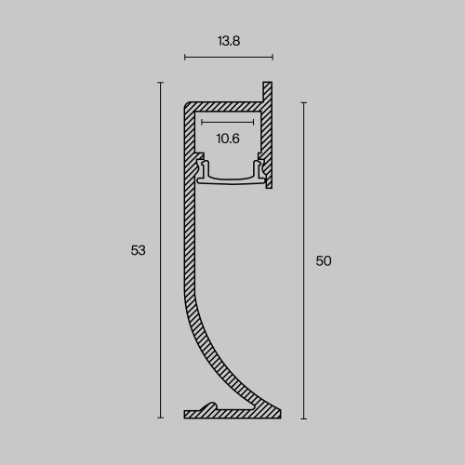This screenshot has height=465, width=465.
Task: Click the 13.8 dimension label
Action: coord(229,41)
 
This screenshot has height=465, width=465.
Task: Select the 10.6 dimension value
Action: coord(228,139)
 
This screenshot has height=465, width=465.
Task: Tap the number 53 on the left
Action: coord(139,250)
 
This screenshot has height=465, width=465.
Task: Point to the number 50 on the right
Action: coord(324,261)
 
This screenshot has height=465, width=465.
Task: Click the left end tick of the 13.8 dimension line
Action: coord(185,58)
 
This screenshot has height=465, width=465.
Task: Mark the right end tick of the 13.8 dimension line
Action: coord(272,58)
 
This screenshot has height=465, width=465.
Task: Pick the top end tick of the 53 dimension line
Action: coord(161,84)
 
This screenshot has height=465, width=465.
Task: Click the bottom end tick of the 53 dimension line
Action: coord(161,418)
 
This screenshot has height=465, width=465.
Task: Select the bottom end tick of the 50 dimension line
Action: coord(303,418)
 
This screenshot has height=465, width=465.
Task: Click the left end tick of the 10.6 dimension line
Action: coord(201,122)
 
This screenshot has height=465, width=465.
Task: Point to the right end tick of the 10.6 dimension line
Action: coord(254,122)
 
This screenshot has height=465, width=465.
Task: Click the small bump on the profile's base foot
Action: coord(213,406)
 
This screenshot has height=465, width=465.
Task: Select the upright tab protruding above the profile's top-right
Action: coord(269,91)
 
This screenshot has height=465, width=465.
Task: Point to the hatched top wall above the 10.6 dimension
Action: coord(223,106)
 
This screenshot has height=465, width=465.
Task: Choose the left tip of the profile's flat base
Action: coord(186,414)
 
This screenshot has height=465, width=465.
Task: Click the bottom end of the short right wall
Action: coord(269,186)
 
